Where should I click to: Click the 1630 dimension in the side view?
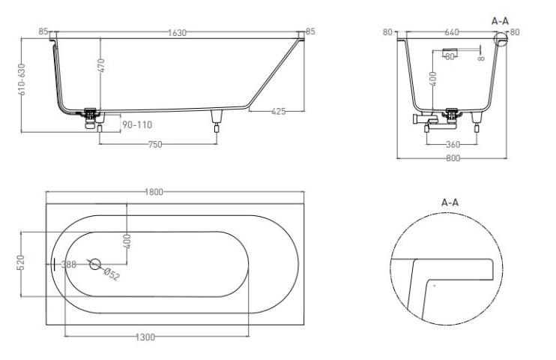177,32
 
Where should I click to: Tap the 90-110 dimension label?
136,124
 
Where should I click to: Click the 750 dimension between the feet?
154,145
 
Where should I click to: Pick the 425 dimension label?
279,112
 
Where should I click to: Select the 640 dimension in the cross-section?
451,32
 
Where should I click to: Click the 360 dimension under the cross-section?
453,144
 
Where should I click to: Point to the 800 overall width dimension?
452,158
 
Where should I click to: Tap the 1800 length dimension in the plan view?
154,192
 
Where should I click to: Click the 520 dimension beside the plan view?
22,262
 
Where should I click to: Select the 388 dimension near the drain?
68,264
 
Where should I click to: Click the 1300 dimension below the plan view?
146,337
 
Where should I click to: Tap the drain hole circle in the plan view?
94,264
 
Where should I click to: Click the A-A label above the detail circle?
450,202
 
